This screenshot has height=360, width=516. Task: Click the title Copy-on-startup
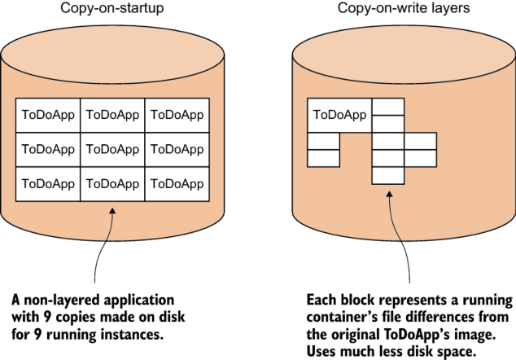[x=112, y=9]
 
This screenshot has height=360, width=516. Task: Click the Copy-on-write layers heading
[x=403, y=9]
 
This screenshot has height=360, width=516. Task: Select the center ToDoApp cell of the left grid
[x=112, y=149]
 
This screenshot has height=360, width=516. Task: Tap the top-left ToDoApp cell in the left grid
[x=48, y=115]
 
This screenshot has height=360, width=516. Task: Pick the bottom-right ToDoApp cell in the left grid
[x=177, y=184]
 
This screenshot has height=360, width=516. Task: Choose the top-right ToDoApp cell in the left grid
[x=177, y=115]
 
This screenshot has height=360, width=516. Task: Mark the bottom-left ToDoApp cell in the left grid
[x=48, y=184]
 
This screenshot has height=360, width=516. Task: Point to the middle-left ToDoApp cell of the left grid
[x=48, y=149]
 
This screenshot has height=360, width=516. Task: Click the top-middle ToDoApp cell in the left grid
[x=112, y=115]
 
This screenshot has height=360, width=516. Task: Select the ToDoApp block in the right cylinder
[x=339, y=115]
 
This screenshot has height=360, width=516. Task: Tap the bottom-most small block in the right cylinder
[x=387, y=175]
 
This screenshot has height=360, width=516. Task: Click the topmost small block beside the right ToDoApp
[x=387, y=107]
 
